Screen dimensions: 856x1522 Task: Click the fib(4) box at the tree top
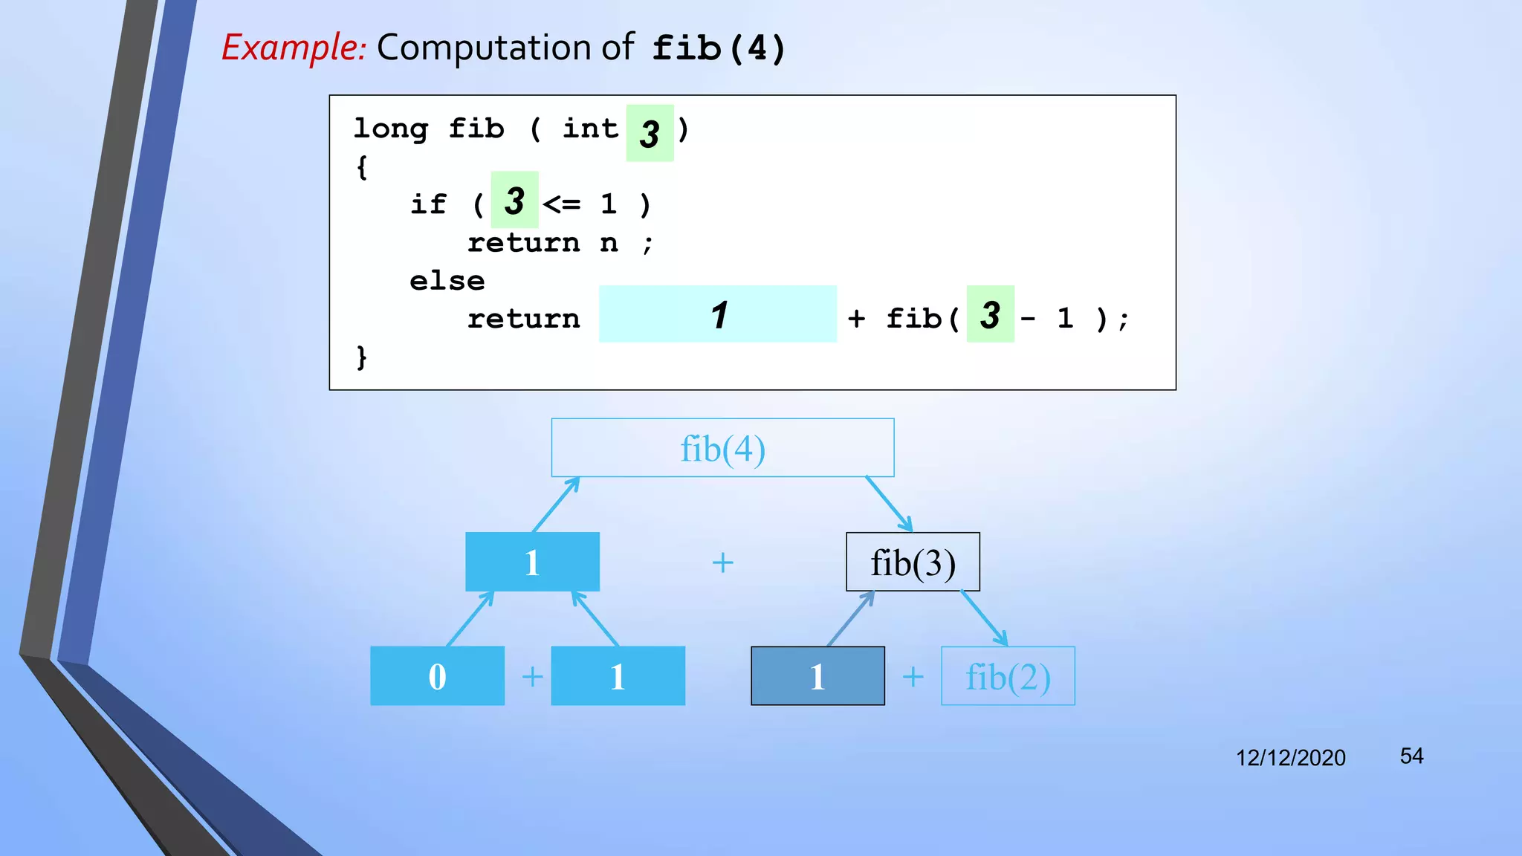click(722, 448)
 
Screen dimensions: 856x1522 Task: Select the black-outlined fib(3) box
click(913, 562)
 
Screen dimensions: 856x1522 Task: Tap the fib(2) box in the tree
click(1008, 676)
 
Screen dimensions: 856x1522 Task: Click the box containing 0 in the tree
click(437, 676)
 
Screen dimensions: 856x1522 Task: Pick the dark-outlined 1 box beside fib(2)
click(817, 676)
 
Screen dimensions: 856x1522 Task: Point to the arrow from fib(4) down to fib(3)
click(889, 505)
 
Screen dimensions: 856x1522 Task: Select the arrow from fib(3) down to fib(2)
click(984, 618)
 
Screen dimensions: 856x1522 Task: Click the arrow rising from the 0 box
click(470, 618)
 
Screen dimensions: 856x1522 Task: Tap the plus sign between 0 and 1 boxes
click(532, 677)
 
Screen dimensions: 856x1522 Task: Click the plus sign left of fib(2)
click(913, 677)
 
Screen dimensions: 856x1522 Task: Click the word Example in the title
click(294, 48)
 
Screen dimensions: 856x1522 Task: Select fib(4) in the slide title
click(719, 49)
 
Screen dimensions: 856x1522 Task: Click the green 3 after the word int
click(650, 134)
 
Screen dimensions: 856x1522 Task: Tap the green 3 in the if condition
click(514, 201)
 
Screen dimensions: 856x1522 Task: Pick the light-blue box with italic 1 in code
click(718, 314)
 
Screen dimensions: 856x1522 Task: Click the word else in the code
click(447, 281)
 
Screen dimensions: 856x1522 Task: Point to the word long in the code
click(391, 129)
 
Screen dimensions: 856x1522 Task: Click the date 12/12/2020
click(1290, 758)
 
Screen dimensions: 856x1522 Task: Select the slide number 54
click(1411, 756)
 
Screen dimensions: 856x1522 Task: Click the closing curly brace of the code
click(362, 357)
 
